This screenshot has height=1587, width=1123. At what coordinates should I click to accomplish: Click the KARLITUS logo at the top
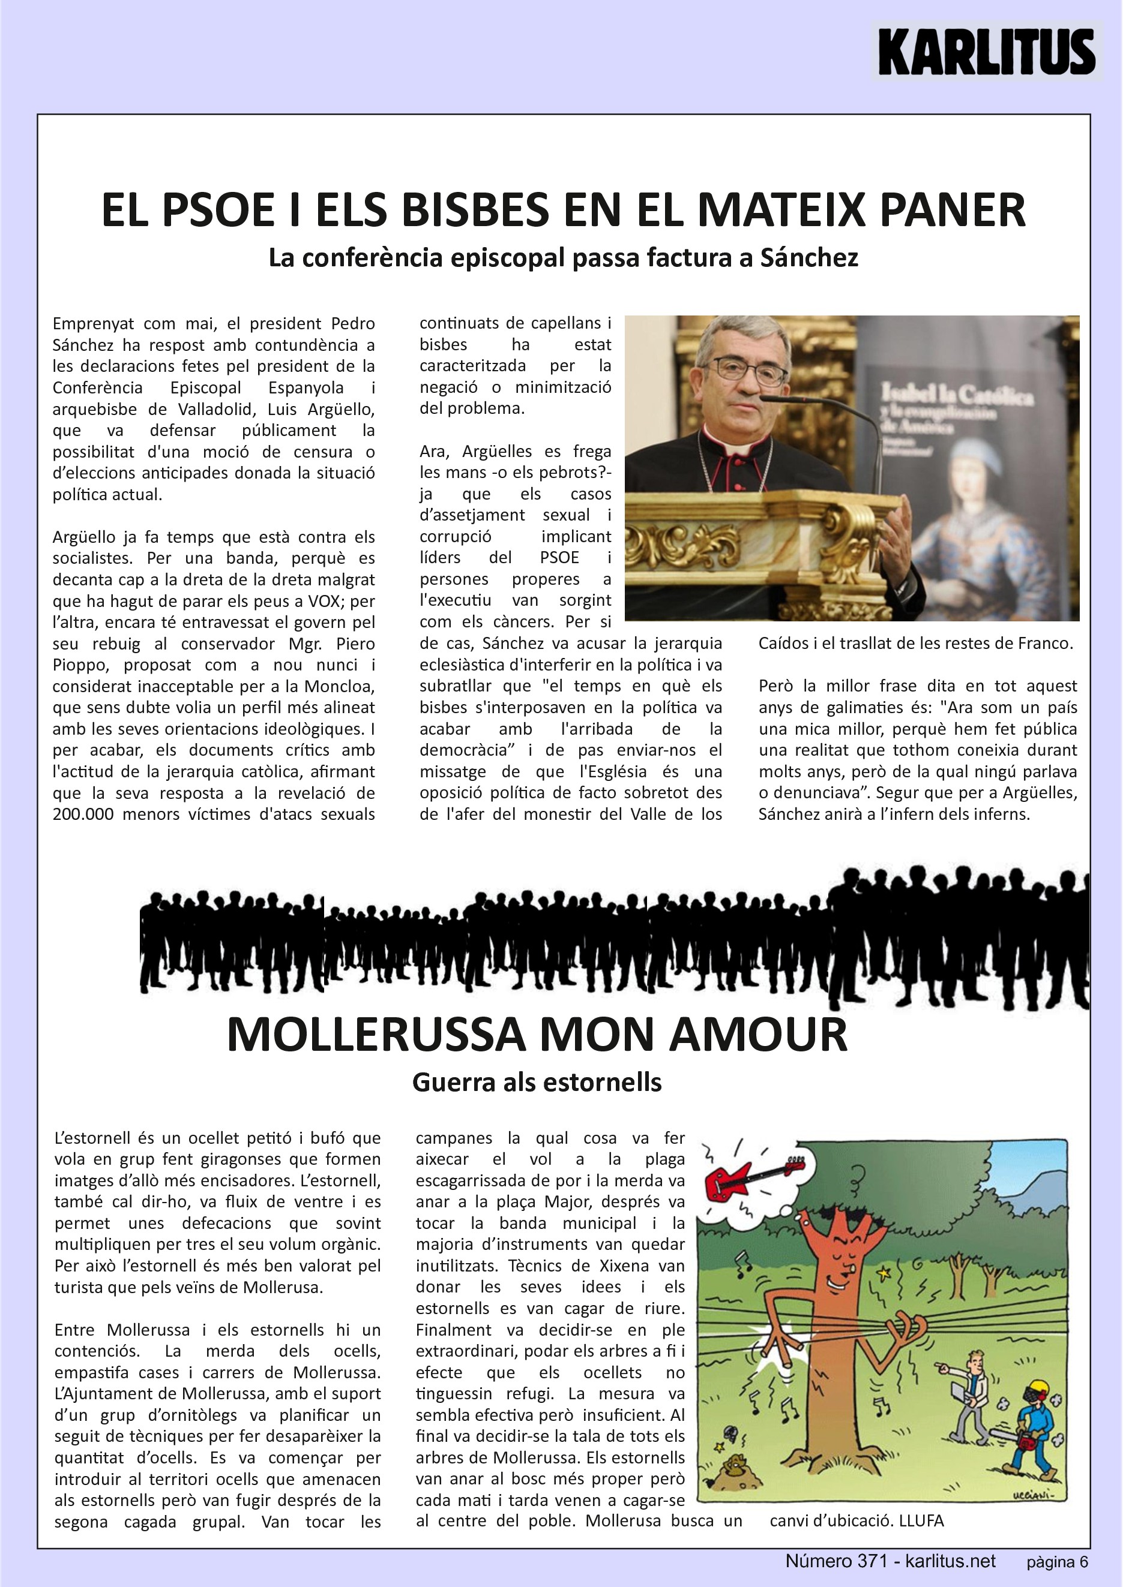tap(986, 52)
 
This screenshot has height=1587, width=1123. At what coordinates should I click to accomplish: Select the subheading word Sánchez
tap(809, 258)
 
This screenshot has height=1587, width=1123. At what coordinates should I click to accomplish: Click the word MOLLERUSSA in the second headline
tap(376, 1035)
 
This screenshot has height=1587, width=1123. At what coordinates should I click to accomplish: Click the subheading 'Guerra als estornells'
tap(537, 1083)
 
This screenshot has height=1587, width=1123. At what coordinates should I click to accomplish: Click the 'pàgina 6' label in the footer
tap(1056, 1562)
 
